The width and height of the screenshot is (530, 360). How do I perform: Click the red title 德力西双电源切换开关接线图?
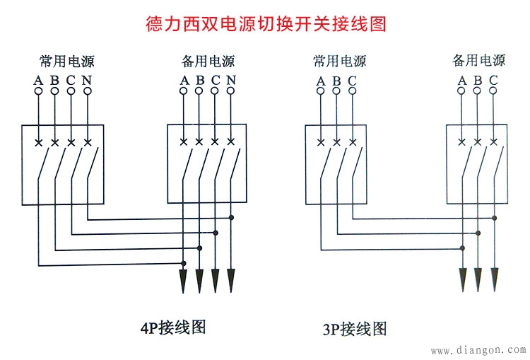tap(265, 23)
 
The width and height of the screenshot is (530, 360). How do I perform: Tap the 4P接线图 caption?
tap(173, 327)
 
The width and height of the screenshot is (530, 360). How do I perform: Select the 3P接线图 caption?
tap(355, 329)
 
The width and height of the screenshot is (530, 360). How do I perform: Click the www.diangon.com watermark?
tap(478, 349)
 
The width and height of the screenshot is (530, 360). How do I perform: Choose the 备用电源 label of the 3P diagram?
tap(478, 60)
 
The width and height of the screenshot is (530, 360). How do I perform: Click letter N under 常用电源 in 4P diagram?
tap(87, 79)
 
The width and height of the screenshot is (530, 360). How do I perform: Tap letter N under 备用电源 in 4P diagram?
tap(230, 79)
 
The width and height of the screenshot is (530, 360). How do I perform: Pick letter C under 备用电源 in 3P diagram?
tap(493, 79)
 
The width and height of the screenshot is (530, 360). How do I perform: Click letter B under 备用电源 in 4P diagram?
tap(200, 79)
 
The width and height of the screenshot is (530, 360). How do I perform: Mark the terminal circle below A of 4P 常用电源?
tap(39, 91)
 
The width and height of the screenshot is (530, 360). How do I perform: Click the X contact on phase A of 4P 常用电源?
tap(39, 142)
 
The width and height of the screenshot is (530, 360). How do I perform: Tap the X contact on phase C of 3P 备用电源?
tap(494, 142)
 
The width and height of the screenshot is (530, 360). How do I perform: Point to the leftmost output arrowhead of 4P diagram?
tap(184, 281)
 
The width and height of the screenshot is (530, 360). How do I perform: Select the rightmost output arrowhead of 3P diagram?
tap(494, 279)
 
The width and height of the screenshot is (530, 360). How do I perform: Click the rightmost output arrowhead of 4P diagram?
tap(230, 281)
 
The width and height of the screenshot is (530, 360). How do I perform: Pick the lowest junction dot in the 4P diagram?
tap(184, 264)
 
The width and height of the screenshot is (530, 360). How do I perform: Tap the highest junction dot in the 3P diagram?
tap(494, 217)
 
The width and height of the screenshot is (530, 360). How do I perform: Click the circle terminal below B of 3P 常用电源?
tap(336, 91)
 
